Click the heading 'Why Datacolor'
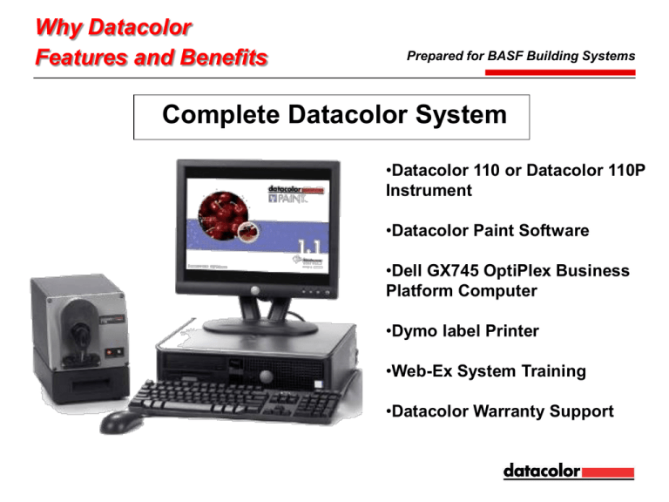point(112,28)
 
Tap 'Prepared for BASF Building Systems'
point(520,56)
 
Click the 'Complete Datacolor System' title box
point(331,117)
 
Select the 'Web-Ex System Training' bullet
point(484,371)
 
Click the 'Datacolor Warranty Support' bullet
point(498,411)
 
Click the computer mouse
point(119,422)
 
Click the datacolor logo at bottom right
point(568,471)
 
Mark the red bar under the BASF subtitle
point(560,71)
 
